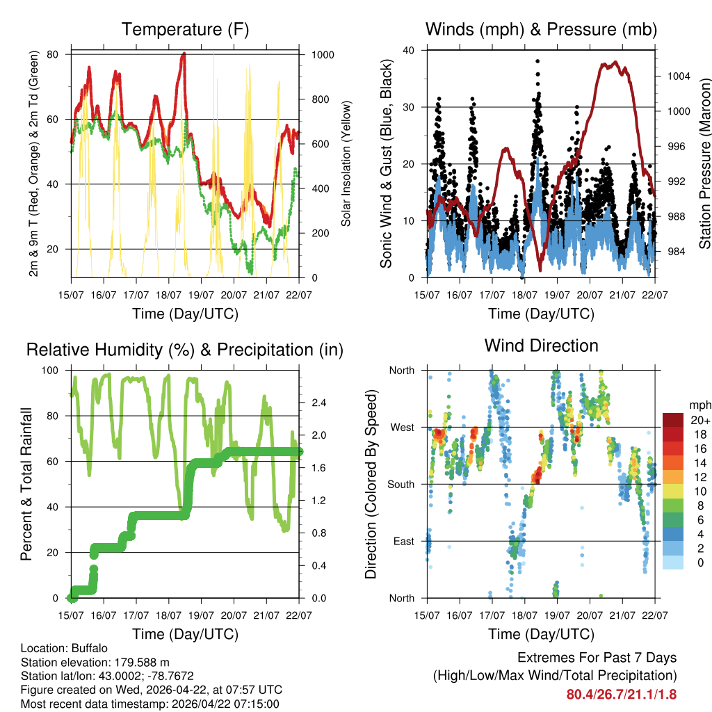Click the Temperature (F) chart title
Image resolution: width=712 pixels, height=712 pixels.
click(x=185, y=30)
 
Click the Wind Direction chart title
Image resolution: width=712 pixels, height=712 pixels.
click(x=541, y=346)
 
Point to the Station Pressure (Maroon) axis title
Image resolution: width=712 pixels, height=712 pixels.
click(x=704, y=164)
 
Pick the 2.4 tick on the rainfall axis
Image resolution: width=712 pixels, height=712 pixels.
click(x=319, y=403)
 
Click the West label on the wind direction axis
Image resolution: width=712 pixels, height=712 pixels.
click(x=401, y=427)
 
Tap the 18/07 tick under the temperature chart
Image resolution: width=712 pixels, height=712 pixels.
click(x=168, y=296)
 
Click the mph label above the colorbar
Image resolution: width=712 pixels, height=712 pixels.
click(x=699, y=405)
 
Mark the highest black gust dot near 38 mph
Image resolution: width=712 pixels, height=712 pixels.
click(x=537, y=61)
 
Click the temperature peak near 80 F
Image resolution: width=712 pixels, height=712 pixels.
click(x=184, y=54)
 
